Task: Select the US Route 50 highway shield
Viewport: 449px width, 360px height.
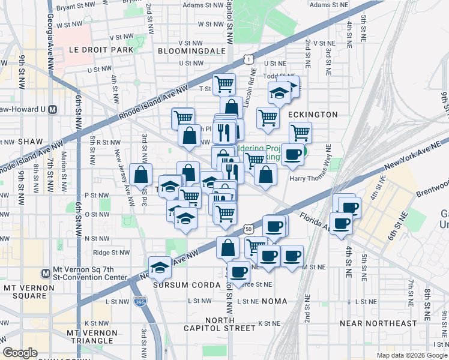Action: (249, 228)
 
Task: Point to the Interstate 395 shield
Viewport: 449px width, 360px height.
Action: (140, 302)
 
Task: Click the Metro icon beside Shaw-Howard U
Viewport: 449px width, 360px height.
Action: (53, 109)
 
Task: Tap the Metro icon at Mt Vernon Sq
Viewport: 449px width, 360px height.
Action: (46, 273)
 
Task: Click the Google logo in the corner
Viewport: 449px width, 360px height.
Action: (20, 353)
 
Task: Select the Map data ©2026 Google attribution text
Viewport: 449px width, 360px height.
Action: (412, 355)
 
